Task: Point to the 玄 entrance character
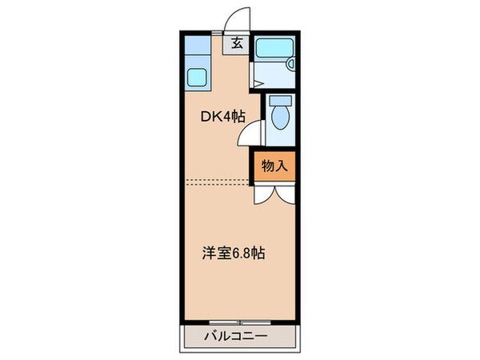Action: tap(238, 44)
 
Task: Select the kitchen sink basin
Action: tap(197, 78)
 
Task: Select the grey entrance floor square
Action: tap(238, 44)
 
